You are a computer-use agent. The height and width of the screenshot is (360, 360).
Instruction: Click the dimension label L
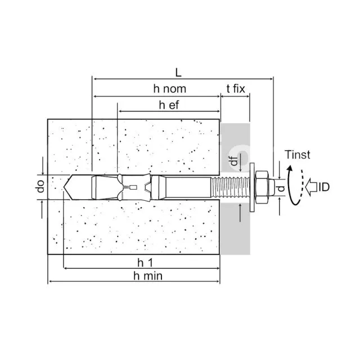coord(178,73)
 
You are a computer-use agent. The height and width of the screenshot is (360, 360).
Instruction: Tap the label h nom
coord(170,89)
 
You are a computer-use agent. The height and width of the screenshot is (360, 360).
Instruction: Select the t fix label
coord(236,89)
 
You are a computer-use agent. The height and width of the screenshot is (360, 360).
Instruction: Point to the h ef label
coord(169,105)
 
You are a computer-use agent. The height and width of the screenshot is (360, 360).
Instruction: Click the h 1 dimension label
coord(145,263)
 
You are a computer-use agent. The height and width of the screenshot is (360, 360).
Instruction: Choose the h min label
coord(148,276)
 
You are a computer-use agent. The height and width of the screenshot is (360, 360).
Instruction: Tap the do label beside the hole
coord(40,186)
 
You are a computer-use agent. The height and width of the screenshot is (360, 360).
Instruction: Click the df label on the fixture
coord(234,161)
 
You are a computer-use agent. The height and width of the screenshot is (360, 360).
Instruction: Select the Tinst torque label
coord(298,155)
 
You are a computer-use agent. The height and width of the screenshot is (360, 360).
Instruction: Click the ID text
coord(324,187)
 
